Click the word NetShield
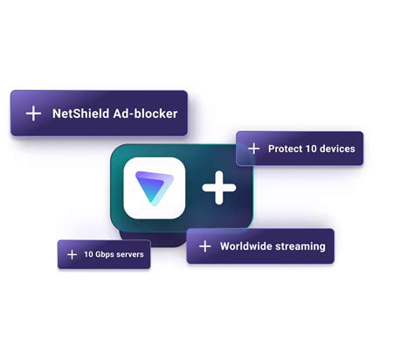pyautogui.click(x=81, y=114)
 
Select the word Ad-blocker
pyautogui.click(x=145, y=114)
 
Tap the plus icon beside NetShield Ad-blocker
pyautogui.click(x=33, y=114)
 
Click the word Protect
pyautogui.click(x=285, y=149)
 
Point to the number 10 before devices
pyautogui.click(x=311, y=149)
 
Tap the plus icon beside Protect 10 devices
pyautogui.click(x=254, y=149)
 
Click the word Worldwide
pyautogui.click(x=245, y=246)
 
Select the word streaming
pyautogui.click(x=300, y=246)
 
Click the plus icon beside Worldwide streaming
pyautogui.click(x=205, y=246)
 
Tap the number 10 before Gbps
pyautogui.click(x=88, y=254)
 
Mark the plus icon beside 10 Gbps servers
pyautogui.click(x=72, y=254)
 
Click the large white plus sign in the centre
pyautogui.click(x=219, y=188)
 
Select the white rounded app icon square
pyautogui.click(x=155, y=188)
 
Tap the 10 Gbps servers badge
pyautogui.click(x=104, y=254)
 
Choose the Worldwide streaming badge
pyautogui.click(x=260, y=246)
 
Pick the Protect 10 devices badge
pyautogui.click(x=300, y=149)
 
